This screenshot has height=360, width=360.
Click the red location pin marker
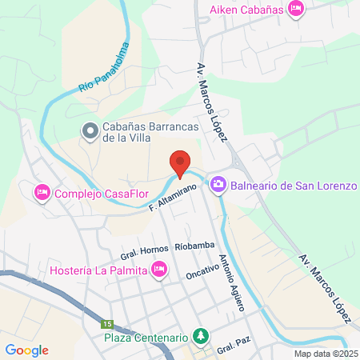[x=181, y=163]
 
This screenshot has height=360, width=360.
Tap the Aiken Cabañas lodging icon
[x=296, y=9]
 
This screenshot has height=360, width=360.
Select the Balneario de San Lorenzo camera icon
[x=218, y=186]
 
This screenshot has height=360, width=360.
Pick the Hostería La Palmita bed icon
[x=158, y=270]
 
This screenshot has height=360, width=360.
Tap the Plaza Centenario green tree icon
[x=203, y=334]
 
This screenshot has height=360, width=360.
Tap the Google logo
[x=26, y=350]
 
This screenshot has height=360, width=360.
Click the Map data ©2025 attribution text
[x=326, y=354]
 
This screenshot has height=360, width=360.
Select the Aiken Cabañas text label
[x=246, y=9]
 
